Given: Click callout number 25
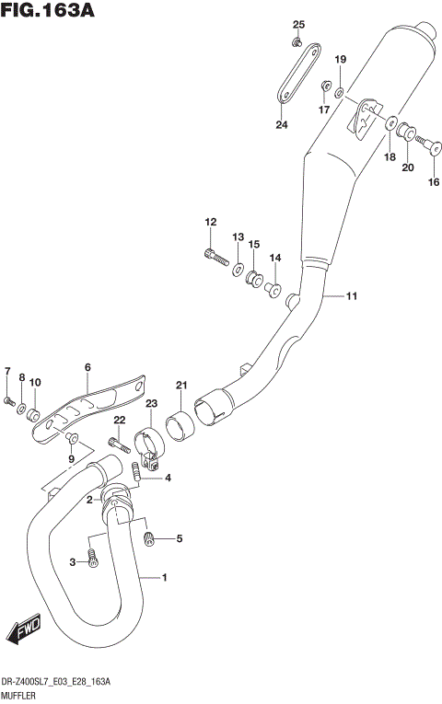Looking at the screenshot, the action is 298,24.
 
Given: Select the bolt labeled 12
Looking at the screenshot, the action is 216,257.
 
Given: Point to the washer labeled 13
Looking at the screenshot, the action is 238,270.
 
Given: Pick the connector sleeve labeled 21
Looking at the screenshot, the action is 180,427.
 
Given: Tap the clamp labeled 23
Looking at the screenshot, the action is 149,448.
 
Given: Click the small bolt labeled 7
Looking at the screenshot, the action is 9,401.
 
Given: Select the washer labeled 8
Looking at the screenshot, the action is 21,410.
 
